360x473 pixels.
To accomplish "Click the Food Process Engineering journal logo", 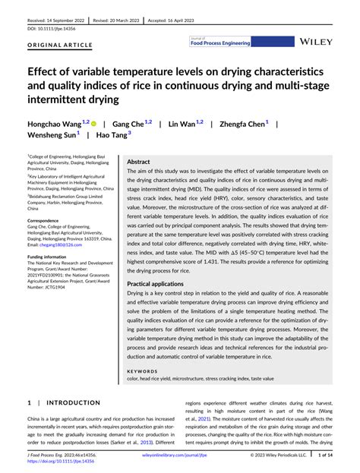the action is [x=221, y=43].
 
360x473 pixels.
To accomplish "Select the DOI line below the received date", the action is [x=45, y=27].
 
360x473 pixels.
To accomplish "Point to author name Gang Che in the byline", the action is [x=128, y=122].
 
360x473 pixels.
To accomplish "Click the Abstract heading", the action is [x=138, y=162].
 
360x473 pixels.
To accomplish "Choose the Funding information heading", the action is [x=53, y=257].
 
